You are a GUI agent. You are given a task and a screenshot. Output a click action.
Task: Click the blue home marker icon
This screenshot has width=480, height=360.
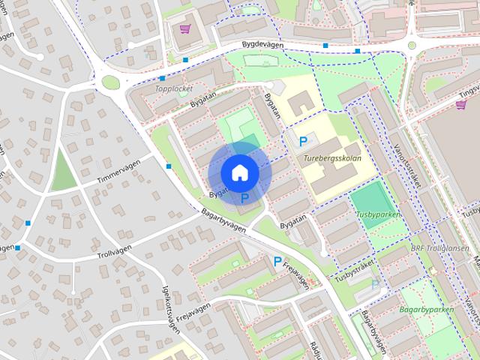[x=240, y=172]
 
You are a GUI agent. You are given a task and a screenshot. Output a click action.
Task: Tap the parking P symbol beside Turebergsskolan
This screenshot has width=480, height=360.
[x=303, y=141]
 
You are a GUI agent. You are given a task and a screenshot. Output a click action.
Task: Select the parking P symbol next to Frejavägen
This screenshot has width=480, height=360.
[x=277, y=262]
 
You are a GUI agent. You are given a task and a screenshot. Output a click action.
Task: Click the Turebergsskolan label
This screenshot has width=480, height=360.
[x=333, y=159]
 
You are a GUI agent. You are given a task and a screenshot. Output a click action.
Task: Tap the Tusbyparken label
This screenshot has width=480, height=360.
[x=379, y=214]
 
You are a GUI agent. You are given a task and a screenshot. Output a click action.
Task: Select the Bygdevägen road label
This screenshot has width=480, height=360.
[x=265, y=46]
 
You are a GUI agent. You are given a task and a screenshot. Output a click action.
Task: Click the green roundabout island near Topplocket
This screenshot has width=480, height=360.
[x=111, y=82]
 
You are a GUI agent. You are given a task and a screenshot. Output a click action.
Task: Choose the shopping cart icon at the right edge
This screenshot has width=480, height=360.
[x=460, y=105]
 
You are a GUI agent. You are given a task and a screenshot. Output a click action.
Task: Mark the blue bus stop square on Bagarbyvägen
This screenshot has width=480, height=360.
[x=169, y=166]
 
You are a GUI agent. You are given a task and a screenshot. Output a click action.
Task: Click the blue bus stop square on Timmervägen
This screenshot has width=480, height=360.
[x=28, y=223]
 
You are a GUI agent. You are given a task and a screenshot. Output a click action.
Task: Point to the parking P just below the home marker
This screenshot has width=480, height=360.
[x=244, y=198]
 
